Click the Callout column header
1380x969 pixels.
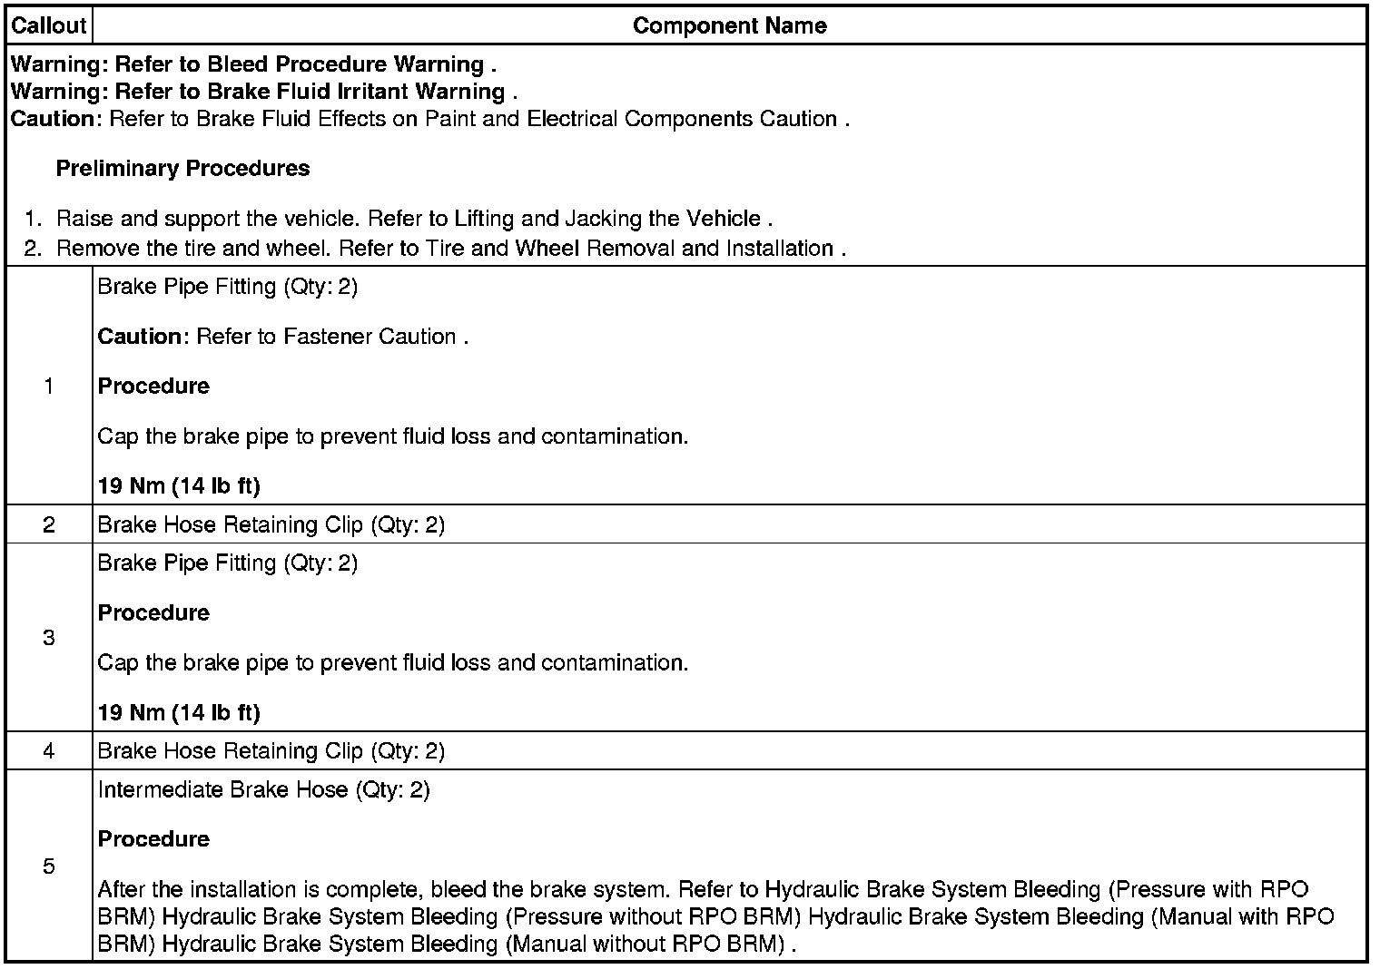(48, 25)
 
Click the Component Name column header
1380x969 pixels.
(729, 25)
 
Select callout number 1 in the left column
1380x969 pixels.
(48, 387)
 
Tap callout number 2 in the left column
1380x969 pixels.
(48, 524)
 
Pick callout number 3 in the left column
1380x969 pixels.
(48, 638)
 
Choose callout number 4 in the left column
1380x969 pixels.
(48, 751)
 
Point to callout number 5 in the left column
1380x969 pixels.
(48, 866)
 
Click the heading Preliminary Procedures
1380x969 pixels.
(182, 169)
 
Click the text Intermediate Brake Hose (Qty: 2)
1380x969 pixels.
(263, 790)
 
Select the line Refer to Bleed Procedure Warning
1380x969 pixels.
(253, 64)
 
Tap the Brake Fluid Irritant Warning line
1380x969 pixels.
(263, 92)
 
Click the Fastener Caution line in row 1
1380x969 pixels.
(282, 337)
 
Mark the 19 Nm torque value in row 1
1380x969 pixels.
(179, 486)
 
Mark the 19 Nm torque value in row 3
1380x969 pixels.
(179, 713)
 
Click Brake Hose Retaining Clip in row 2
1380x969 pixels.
(271, 525)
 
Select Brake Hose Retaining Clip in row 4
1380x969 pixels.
(271, 752)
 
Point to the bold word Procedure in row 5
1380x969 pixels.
(153, 839)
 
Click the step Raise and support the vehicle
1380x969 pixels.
(414, 219)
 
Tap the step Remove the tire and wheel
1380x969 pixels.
(450, 249)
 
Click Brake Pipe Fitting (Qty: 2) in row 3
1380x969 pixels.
(227, 563)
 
